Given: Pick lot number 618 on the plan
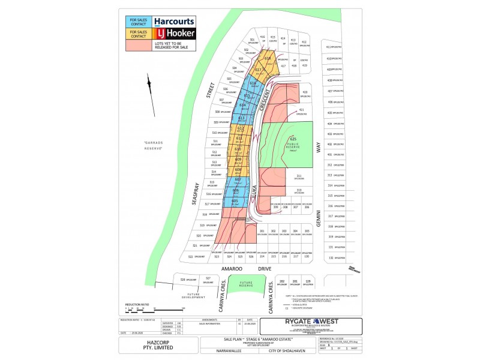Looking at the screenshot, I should point(268,58).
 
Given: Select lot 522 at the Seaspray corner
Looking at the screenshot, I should point(191,256).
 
